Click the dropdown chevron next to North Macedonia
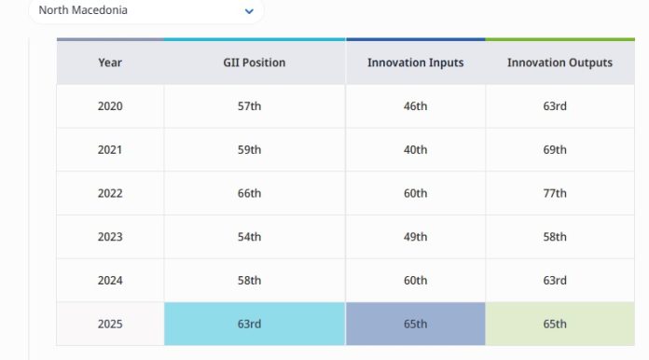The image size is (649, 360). click(249, 11)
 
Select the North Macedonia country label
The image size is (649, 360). click(83, 10)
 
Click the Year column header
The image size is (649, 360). click(110, 62)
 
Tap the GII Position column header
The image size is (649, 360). click(255, 62)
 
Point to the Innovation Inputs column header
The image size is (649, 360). click(416, 62)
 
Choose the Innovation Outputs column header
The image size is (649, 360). click(559, 62)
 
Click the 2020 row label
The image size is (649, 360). click(110, 106)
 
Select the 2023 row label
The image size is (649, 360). click(110, 237)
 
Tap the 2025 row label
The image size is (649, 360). click(110, 324)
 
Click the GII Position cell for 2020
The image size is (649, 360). click(249, 106)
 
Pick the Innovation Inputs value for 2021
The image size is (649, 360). click(415, 150)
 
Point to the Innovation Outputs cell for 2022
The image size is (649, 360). click(555, 193)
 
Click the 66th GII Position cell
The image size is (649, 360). click(249, 193)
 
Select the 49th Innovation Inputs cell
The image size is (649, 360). click(415, 237)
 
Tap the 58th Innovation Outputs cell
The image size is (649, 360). click(555, 237)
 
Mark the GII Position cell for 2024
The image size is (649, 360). click(249, 280)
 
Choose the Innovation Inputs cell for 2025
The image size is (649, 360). click(416, 324)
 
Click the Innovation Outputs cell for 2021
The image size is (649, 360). click(555, 150)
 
